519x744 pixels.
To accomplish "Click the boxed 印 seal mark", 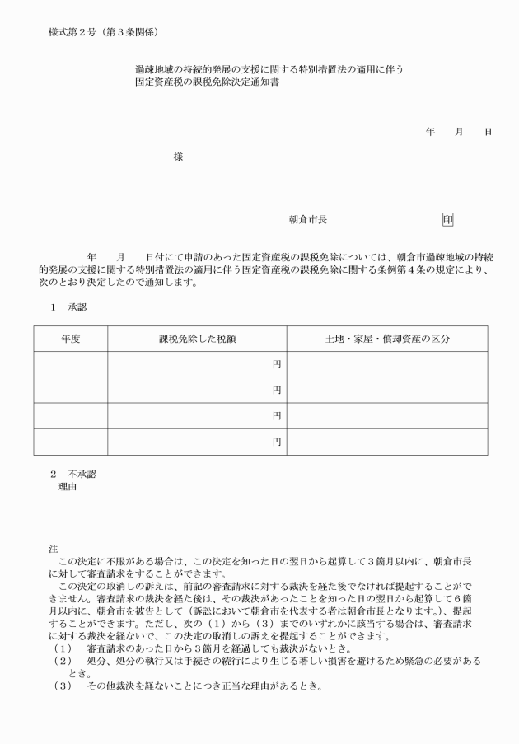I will pos(447,220).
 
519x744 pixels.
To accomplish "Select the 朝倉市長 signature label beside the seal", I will pos(308,220).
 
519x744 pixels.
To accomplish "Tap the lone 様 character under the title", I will pos(179,157).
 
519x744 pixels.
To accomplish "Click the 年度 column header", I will pos(71,339).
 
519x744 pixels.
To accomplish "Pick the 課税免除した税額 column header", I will pos(198,339).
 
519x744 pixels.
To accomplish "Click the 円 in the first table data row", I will pos(277,364).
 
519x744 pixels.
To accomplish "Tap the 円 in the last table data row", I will pos(277,442).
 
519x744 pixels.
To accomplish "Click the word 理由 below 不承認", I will pos(67,487).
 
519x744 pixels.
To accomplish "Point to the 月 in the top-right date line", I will pos(459,132).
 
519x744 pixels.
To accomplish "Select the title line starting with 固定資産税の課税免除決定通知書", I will pos(207,83).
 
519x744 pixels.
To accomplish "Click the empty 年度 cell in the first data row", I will pos(71,364).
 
